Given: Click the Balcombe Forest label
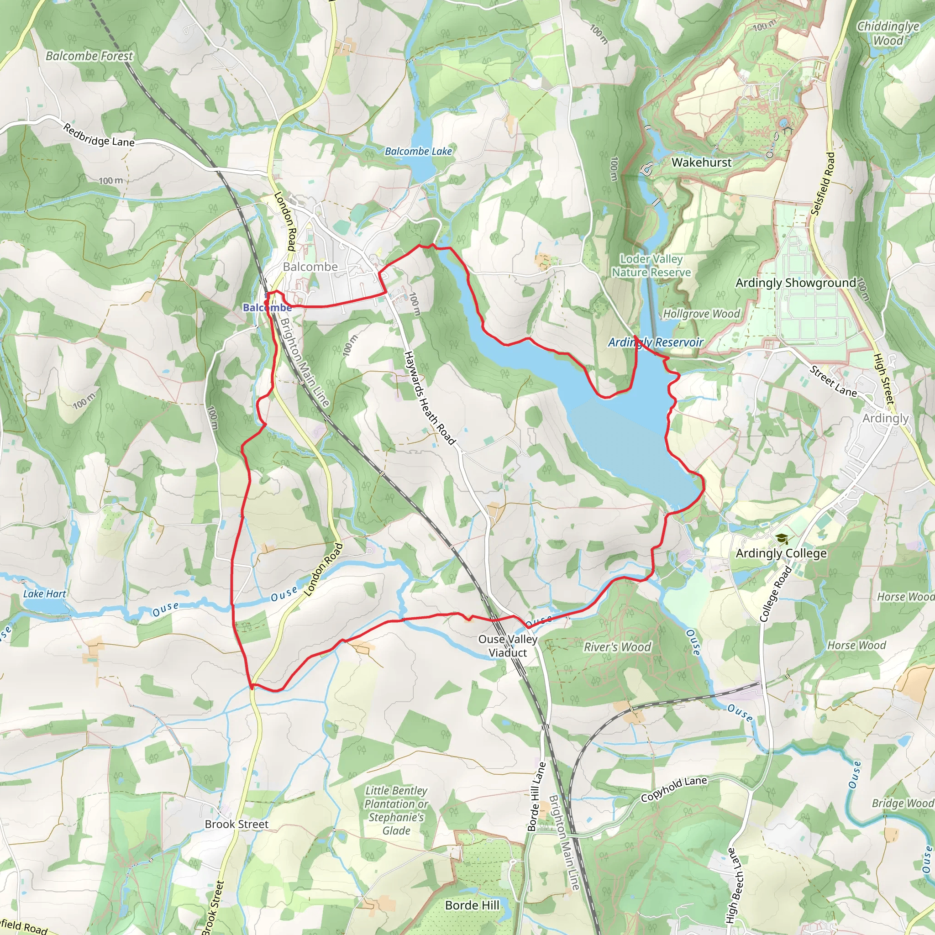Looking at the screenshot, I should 89,56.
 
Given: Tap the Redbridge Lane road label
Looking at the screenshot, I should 98,136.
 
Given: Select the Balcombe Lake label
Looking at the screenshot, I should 418,152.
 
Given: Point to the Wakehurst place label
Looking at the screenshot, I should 701,163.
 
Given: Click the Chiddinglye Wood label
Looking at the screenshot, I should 888,33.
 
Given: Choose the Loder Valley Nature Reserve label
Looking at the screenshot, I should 651,266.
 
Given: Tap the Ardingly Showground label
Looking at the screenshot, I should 796,283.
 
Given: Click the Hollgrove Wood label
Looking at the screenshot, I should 701,314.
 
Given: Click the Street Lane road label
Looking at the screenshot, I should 833,381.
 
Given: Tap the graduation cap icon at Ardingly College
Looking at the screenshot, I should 781,539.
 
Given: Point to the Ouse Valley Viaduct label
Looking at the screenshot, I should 508,646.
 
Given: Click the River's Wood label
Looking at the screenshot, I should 617,647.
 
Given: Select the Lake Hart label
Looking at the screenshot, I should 45,594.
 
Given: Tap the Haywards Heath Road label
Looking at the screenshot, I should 429,398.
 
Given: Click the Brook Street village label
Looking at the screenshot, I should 236,824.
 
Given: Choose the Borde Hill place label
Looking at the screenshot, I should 472,905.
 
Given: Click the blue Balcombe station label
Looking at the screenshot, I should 267,308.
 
